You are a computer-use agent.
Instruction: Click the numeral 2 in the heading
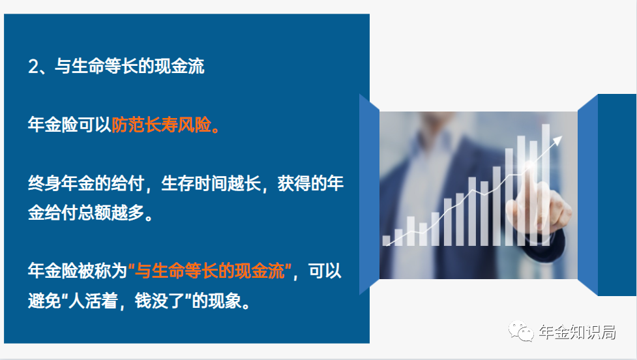[x=33, y=67]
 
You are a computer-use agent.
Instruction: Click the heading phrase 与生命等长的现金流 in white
[x=129, y=67]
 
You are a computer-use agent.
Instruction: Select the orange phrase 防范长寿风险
[x=161, y=125]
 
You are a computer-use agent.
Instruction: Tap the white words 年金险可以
[x=70, y=125]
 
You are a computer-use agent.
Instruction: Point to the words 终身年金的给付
[x=86, y=184]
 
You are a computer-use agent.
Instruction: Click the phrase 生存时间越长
[x=211, y=184]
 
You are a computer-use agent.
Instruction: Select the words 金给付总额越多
[x=86, y=213]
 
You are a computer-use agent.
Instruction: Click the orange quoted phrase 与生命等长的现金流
[x=210, y=271]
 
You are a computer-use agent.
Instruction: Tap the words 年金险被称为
[x=78, y=271]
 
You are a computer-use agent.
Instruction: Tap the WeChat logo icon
[x=521, y=331]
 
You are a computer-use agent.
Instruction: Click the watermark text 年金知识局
[x=577, y=332]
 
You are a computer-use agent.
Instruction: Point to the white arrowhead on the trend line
[x=557, y=141]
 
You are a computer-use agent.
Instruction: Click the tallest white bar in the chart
[x=546, y=185]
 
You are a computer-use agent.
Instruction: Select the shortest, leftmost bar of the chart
[x=387, y=241]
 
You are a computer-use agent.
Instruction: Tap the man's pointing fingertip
[x=529, y=166]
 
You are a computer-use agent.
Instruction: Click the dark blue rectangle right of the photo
[x=617, y=194]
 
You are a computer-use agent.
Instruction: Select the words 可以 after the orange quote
[x=325, y=271]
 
